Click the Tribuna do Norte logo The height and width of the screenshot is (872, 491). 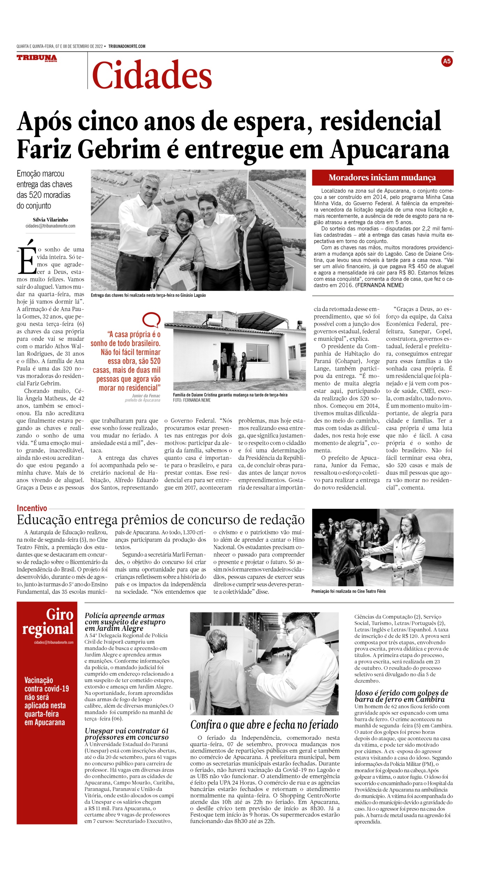click(x=37, y=58)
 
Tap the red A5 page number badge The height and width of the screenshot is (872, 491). click(x=446, y=61)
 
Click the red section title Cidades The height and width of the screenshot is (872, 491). click(x=152, y=75)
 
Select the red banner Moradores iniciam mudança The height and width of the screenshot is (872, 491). click(x=382, y=178)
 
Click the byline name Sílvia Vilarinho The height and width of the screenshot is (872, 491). click(x=51, y=220)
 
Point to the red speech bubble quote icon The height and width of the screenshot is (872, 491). click(x=151, y=320)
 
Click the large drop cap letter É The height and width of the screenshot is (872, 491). click(x=27, y=258)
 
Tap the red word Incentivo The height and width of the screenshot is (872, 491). click(x=32, y=508)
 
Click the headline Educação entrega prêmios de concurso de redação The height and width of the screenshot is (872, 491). click(x=160, y=520)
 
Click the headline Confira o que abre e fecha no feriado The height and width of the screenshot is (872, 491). click(x=264, y=725)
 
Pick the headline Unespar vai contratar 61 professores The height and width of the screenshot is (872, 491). click(x=126, y=734)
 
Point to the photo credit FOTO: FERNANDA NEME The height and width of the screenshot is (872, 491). click(x=191, y=400)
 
